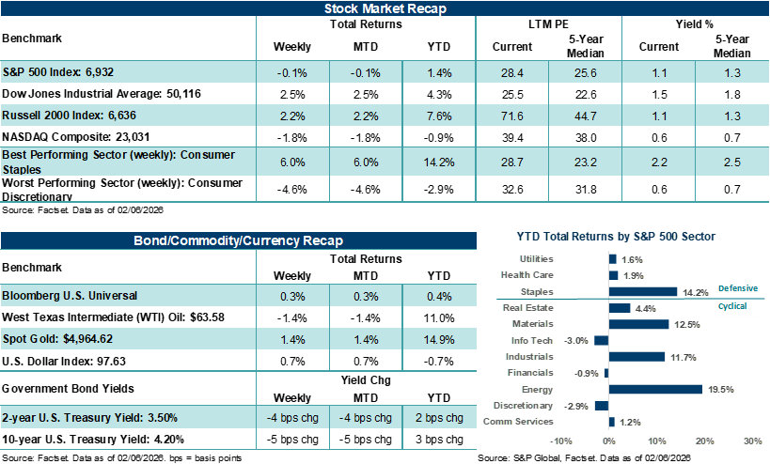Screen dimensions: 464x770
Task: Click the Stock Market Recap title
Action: point(385,8)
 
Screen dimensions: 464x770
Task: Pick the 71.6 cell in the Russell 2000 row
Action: point(512,116)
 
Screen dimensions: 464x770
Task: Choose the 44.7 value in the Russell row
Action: point(586,116)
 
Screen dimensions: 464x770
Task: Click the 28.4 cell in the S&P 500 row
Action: point(512,72)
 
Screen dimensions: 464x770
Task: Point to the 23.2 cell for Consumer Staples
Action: point(586,162)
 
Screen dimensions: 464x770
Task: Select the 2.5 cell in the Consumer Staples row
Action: point(732,162)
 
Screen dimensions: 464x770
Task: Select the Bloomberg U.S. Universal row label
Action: point(70,295)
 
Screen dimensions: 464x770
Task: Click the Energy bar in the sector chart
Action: point(655,389)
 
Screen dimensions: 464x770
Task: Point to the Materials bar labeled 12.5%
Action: point(638,324)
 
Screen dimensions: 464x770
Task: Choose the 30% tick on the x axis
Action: point(752,440)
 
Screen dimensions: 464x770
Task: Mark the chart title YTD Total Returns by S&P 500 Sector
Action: point(616,237)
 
